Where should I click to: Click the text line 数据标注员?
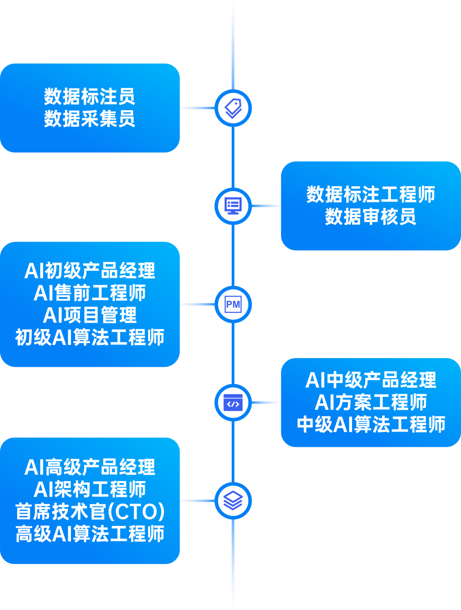(90, 97)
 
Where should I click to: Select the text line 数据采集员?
(90, 119)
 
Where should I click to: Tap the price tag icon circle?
(233, 108)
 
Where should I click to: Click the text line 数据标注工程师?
(371, 195)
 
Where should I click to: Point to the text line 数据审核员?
(371, 217)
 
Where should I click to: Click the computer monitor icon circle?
(233, 206)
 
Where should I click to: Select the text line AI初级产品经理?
(90, 271)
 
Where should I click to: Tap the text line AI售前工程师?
(90, 293)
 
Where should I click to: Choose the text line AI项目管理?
(90, 315)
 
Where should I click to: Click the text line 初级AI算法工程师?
(90, 338)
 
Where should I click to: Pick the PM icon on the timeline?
(233, 305)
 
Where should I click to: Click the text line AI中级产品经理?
(371, 380)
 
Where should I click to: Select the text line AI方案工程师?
(371, 403)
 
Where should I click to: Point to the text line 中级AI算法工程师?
(371, 425)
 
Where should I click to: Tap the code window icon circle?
(233, 403)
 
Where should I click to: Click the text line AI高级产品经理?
(90, 467)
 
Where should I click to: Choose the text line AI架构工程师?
(90, 490)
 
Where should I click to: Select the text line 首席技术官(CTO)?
(90, 512)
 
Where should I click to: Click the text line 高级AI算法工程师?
(90, 534)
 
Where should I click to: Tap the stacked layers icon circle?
(233, 501)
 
